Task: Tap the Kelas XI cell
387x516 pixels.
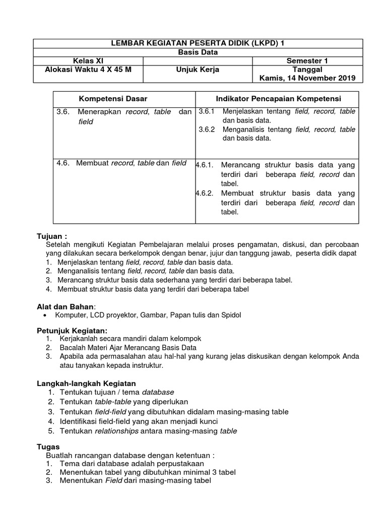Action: coord(89,60)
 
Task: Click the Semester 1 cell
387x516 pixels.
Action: coord(307,60)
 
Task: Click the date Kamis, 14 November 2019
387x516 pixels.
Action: coord(307,78)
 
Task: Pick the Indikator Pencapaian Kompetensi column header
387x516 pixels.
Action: coord(278,98)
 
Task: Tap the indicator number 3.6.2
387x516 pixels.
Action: coord(207,130)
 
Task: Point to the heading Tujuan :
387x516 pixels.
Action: coord(52,236)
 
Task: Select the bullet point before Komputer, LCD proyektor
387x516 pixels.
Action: coord(47,315)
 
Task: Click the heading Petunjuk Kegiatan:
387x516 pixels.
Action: coord(73,330)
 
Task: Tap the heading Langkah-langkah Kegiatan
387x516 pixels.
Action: coord(86,383)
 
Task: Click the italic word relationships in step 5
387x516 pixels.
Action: coord(116,431)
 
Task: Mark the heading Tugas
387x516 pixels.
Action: coord(48,446)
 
